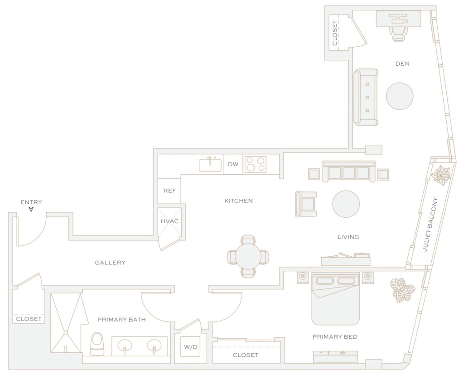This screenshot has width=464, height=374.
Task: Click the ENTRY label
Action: point(31,202)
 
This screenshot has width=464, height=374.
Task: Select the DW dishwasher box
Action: point(233,164)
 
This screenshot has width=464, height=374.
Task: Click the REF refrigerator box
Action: point(169,191)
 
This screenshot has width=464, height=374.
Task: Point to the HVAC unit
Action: point(170,221)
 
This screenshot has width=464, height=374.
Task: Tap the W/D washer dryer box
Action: point(190,347)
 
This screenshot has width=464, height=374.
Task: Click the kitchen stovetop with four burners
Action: point(256,164)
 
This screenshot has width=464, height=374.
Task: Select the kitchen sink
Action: point(211,164)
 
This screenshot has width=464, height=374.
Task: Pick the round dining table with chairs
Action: point(248,256)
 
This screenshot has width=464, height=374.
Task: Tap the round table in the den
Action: point(400,96)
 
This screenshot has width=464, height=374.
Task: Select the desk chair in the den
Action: point(399,32)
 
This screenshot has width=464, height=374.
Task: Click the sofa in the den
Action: point(366,97)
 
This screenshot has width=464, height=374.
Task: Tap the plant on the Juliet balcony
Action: point(441,175)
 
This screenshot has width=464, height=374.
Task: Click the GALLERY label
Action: point(110,263)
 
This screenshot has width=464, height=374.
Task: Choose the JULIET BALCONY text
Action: point(429,225)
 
